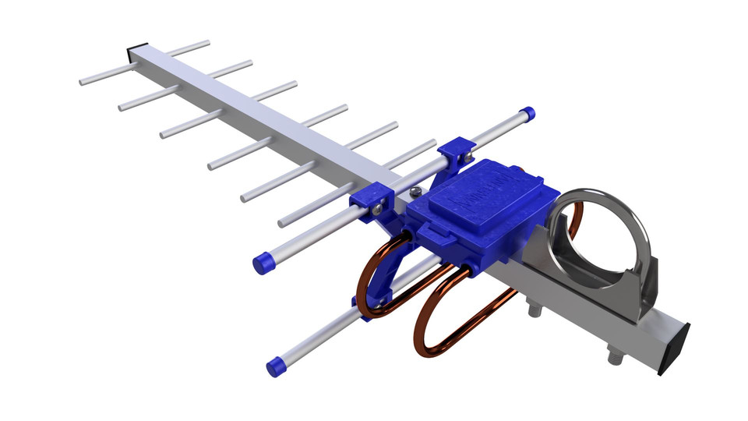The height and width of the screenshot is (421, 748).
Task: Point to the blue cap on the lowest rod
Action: (x=274, y=366)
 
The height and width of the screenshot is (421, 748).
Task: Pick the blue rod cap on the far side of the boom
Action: (x=528, y=114)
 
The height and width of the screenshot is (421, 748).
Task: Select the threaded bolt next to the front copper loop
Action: (x=536, y=310)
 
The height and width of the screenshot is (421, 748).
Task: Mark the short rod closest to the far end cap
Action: (x=184, y=48)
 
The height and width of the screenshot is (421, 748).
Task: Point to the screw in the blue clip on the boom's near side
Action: (x=376, y=207)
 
